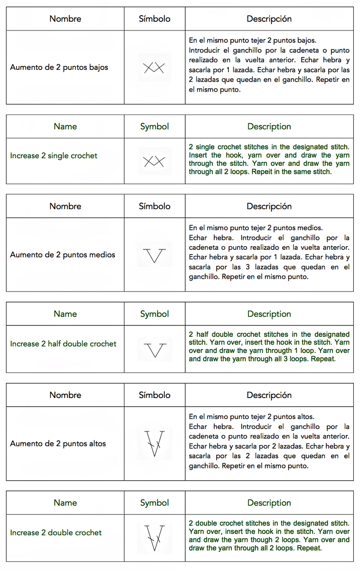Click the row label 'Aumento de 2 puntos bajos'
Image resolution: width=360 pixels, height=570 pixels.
(59, 67)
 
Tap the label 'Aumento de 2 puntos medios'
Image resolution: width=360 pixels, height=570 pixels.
(63, 255)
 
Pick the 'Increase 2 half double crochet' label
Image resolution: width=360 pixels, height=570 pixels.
(63, 344)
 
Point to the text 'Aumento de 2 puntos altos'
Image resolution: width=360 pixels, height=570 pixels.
(58, 444)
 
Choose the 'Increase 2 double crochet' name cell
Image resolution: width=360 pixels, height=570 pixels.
(56, 533)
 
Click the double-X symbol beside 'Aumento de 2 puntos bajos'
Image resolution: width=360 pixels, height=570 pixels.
(154, 68)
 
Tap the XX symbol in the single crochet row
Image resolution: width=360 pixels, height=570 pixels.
(154, 161)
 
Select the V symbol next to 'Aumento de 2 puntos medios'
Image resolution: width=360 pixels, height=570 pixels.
(155, 256)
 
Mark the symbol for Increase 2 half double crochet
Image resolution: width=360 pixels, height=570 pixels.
(155, 350)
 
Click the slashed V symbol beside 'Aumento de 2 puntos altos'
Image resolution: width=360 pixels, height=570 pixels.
(155, 443)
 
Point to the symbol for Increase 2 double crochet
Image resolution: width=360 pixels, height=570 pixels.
(155, 537)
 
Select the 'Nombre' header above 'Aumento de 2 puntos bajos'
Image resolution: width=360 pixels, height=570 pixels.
(65, 19)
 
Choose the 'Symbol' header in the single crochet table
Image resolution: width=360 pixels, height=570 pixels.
(154, 127)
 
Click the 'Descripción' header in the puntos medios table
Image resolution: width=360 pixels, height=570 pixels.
(269, 207)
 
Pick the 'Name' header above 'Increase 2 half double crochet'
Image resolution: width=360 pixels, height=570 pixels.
(65, 314)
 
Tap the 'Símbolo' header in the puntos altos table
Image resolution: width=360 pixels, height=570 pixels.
(154, 395)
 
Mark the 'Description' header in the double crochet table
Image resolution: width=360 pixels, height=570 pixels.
(269, 503)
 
